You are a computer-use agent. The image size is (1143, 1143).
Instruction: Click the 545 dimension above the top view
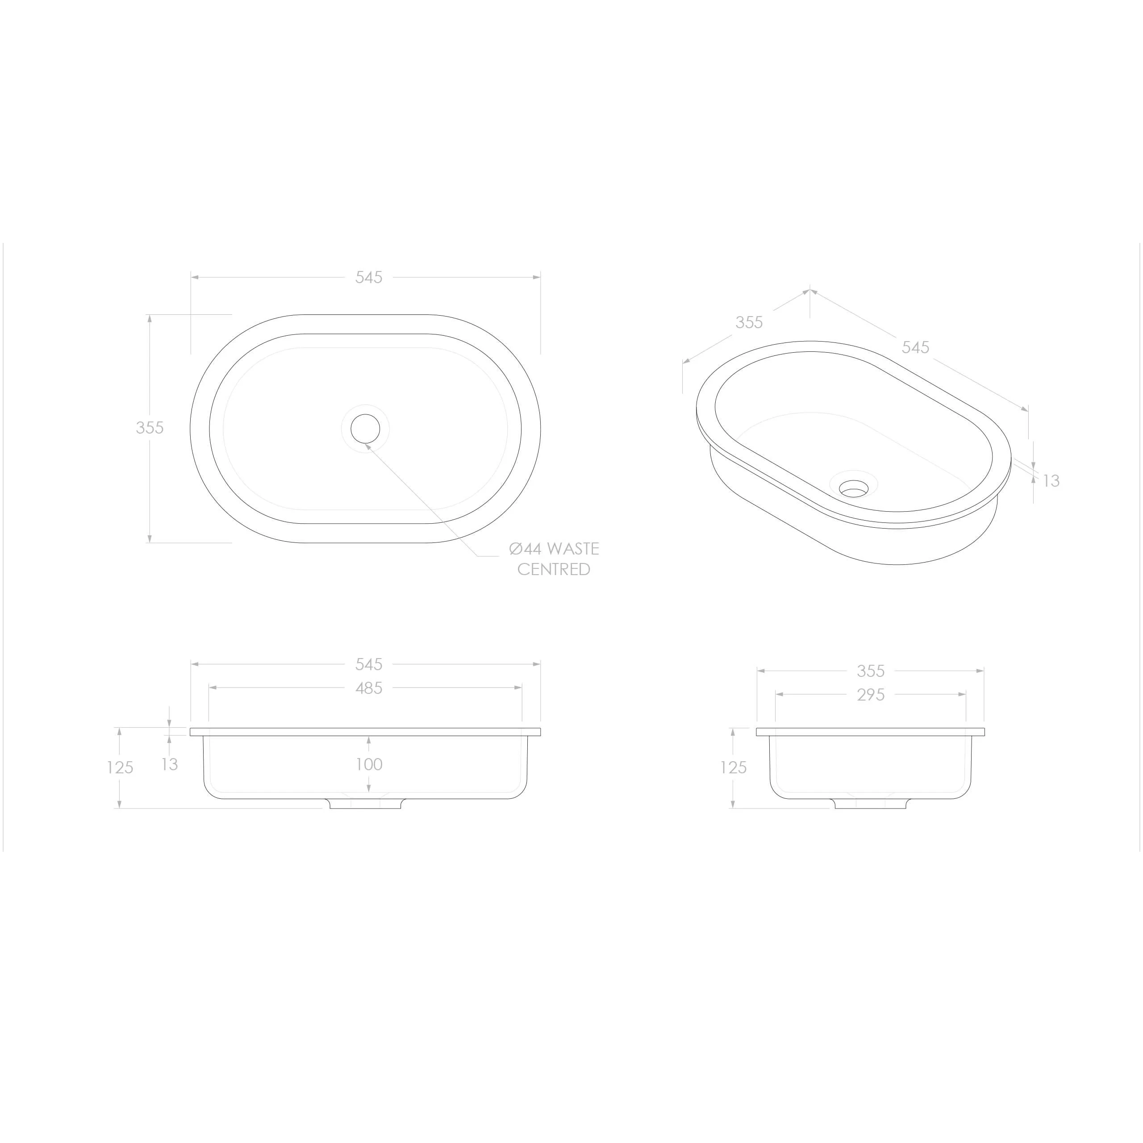pos(369,277)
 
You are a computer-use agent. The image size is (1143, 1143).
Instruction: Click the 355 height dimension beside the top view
pos(150,428)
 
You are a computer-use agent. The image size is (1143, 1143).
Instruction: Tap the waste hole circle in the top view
pos(365,428)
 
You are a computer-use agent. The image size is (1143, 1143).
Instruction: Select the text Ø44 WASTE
pos(554,549)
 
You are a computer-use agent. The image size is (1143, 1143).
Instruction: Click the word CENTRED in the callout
pos(554,569)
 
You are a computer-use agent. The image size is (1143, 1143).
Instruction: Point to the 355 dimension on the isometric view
pos(749,322)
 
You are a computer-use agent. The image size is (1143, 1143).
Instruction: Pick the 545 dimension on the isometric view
pos(915,347)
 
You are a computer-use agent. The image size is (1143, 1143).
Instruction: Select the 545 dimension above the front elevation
pos(369,664)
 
